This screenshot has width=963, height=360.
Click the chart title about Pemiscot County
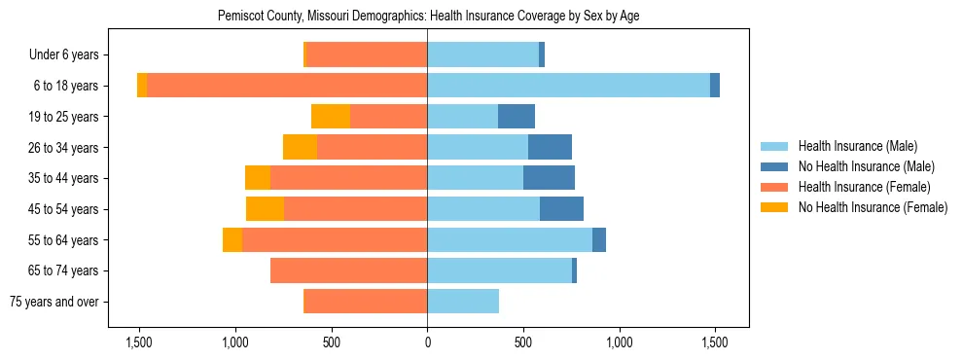427,17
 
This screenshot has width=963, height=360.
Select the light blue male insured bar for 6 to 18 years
568,86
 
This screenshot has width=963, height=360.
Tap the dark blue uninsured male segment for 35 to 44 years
549,178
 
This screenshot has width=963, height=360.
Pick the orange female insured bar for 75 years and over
365,302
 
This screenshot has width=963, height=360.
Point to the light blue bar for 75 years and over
463,302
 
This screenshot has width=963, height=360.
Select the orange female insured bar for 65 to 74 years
348,270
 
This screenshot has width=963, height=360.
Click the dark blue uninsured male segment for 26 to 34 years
550,147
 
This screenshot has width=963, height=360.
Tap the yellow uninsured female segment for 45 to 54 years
265,209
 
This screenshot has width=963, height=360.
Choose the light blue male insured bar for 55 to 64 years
510,239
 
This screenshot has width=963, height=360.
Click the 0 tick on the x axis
427,342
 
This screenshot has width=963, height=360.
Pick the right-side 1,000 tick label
620,342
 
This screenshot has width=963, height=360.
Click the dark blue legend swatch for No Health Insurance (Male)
774,166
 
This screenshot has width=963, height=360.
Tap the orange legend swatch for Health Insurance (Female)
774,187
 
